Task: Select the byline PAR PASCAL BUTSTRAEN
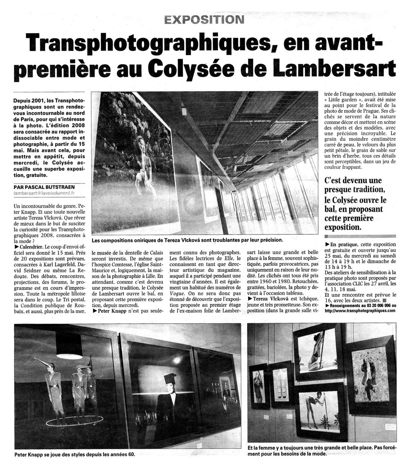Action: (x=44, y=187)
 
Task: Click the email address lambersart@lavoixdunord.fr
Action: (x=45, y=193)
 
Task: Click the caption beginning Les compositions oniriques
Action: (x=187, y=240)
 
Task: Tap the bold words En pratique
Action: (x=343, y=244)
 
